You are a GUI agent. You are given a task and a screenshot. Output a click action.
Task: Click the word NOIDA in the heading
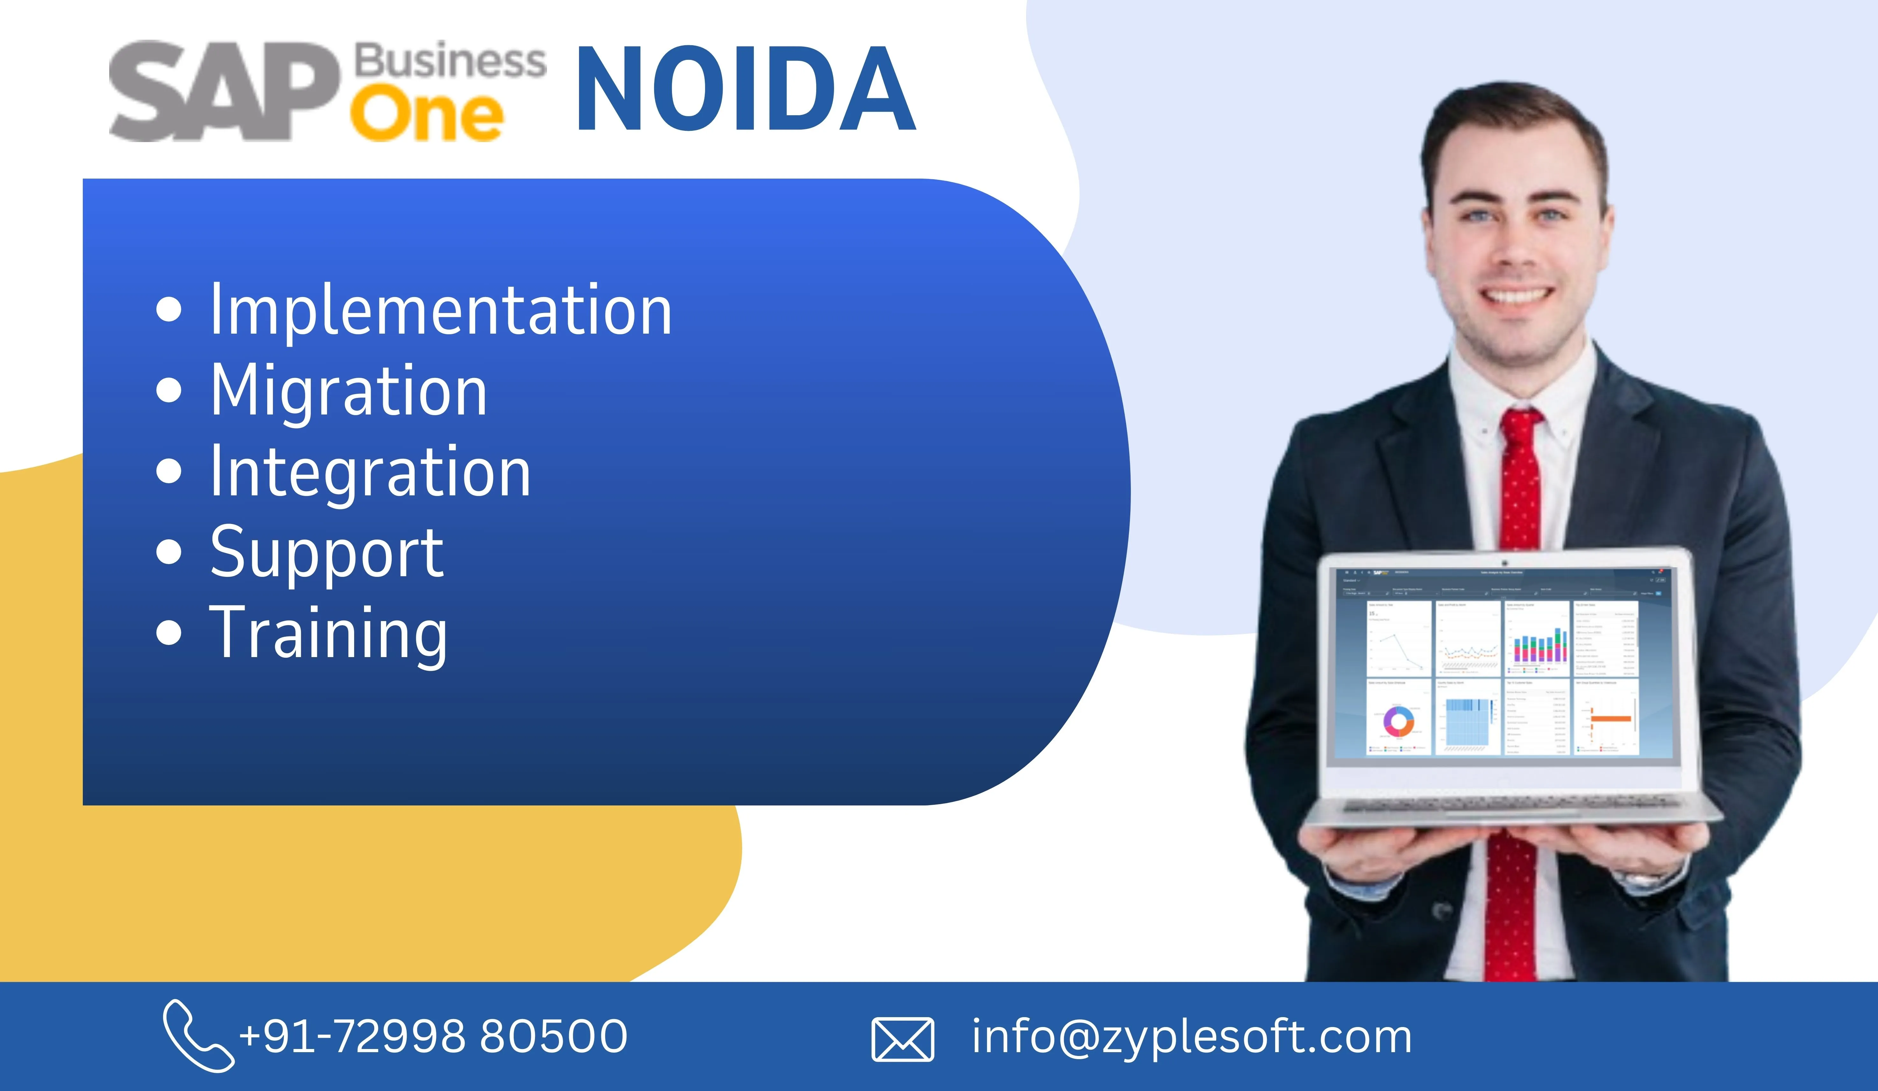[x=745, y=89]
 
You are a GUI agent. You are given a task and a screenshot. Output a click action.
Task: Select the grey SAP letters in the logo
[x=224, y=91]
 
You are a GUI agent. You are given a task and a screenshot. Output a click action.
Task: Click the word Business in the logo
[x=449, y=61]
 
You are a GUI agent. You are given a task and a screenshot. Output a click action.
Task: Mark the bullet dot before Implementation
[x=169, y=310]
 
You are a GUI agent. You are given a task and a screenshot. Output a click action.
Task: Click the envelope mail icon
[x=903, y=1039]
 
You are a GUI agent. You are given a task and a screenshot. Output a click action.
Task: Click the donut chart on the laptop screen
[x=1399, y=721]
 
